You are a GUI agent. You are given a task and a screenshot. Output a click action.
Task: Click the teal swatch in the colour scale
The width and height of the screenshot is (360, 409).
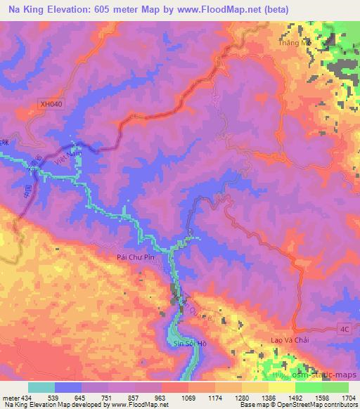click(41, 387)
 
